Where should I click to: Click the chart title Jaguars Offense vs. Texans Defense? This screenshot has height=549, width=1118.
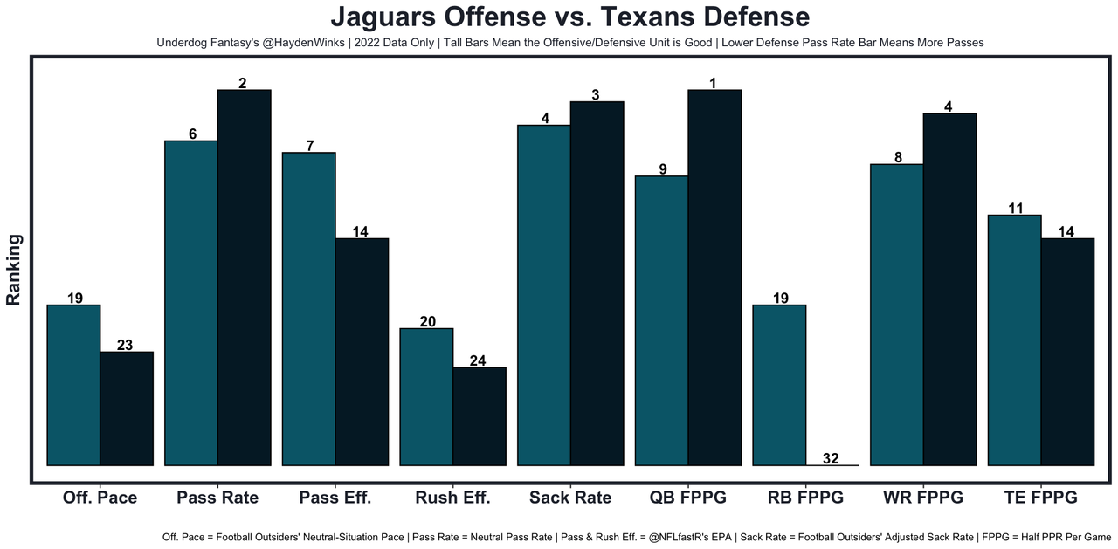569,17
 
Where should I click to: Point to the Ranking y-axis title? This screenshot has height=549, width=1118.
14,269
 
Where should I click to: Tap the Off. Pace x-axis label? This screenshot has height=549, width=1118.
100,498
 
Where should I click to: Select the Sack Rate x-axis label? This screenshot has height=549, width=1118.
570,498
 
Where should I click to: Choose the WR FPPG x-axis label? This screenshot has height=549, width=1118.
922,498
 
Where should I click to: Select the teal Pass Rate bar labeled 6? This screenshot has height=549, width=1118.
191,303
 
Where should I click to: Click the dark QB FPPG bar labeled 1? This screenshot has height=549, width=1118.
714,278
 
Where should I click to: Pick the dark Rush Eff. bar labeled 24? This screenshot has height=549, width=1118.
480,416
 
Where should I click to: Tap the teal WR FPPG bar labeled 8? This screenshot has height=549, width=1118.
897,314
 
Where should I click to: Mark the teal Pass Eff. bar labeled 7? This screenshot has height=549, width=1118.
308,309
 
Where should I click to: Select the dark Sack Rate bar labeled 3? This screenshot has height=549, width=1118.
597,284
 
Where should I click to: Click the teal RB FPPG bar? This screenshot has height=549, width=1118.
779,385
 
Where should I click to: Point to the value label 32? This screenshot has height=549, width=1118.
831,458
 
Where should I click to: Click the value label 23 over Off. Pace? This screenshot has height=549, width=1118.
125,345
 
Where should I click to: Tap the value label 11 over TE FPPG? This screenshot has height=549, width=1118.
1014,208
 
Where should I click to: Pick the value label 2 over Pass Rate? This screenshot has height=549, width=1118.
243,83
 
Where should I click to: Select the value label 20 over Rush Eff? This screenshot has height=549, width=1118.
427,321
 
